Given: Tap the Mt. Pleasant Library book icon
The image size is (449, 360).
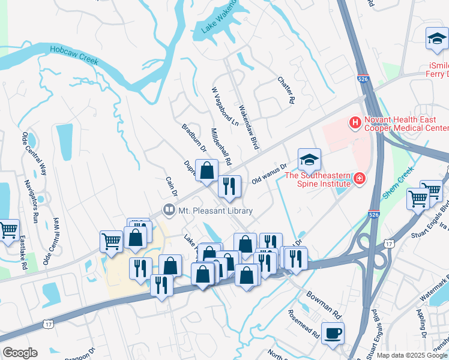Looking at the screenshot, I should click(x=169, y=211).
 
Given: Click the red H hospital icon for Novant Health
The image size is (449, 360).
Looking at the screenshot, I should click(x=355, y=124).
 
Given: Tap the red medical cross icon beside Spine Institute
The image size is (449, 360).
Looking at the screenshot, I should click(x=360, y=178).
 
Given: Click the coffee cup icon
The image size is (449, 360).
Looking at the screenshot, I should click(x=332, y=333).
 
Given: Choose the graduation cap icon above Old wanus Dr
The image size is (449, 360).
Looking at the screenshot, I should click(x=309, y=160).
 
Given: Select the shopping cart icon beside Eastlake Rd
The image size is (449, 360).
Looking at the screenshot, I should click(x=8, y=230).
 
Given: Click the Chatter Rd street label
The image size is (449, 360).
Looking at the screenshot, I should click(x=286, y=90).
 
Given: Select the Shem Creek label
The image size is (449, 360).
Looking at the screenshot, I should click(x=396, y=183).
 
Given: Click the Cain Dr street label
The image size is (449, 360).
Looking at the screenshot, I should click(x=171, y=187).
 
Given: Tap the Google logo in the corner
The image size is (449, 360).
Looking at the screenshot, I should click(x=20, y=353).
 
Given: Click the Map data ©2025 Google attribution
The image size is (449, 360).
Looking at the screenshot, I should click(x=411, y=355).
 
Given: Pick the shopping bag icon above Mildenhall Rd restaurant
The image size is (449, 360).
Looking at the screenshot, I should click(x=206, y=170).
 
